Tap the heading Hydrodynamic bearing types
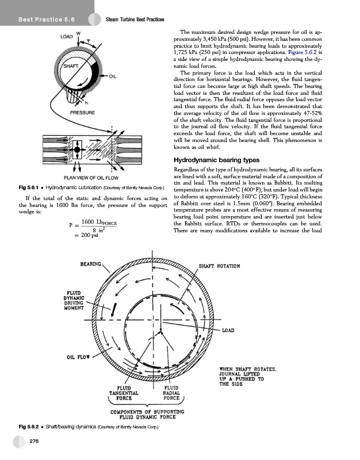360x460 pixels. (215, 159)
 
